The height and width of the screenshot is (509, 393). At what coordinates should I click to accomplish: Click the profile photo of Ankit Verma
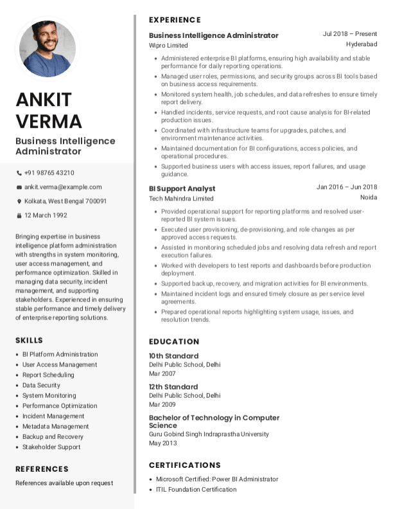point(48,49)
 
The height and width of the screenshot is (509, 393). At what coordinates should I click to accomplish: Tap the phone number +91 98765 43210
point(49,173)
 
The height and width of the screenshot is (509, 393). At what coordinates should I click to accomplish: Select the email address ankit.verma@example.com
point(63,187)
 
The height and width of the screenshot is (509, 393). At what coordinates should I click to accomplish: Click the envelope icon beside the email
point(19,187)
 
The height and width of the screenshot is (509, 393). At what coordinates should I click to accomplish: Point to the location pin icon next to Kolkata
point(19,201)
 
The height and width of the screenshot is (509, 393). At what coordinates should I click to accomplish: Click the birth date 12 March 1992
point(46,215)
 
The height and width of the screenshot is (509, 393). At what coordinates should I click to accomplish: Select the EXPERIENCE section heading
point(175,20)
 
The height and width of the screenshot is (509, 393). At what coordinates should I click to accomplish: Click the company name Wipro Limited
point(168,46)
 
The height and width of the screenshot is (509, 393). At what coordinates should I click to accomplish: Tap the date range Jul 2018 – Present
point(349,34)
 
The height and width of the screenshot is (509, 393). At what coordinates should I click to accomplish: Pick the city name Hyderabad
point(362,44)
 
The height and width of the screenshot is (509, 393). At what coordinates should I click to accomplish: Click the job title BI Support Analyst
point(182,189)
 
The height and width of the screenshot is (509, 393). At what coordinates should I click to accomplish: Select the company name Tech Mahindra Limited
point(181,199)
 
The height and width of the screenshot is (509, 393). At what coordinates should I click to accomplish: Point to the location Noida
point(369,197)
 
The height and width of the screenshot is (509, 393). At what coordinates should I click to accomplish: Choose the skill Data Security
point(41,385)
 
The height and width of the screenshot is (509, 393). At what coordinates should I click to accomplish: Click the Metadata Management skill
point(55,426)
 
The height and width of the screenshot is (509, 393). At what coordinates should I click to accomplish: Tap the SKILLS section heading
point(29,340)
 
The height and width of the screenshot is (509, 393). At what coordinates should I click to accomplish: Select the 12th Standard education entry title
point(173,387)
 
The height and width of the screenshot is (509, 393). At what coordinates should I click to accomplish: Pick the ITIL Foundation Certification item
point(196,489)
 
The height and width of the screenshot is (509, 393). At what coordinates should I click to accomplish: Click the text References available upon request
point(64,483)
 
